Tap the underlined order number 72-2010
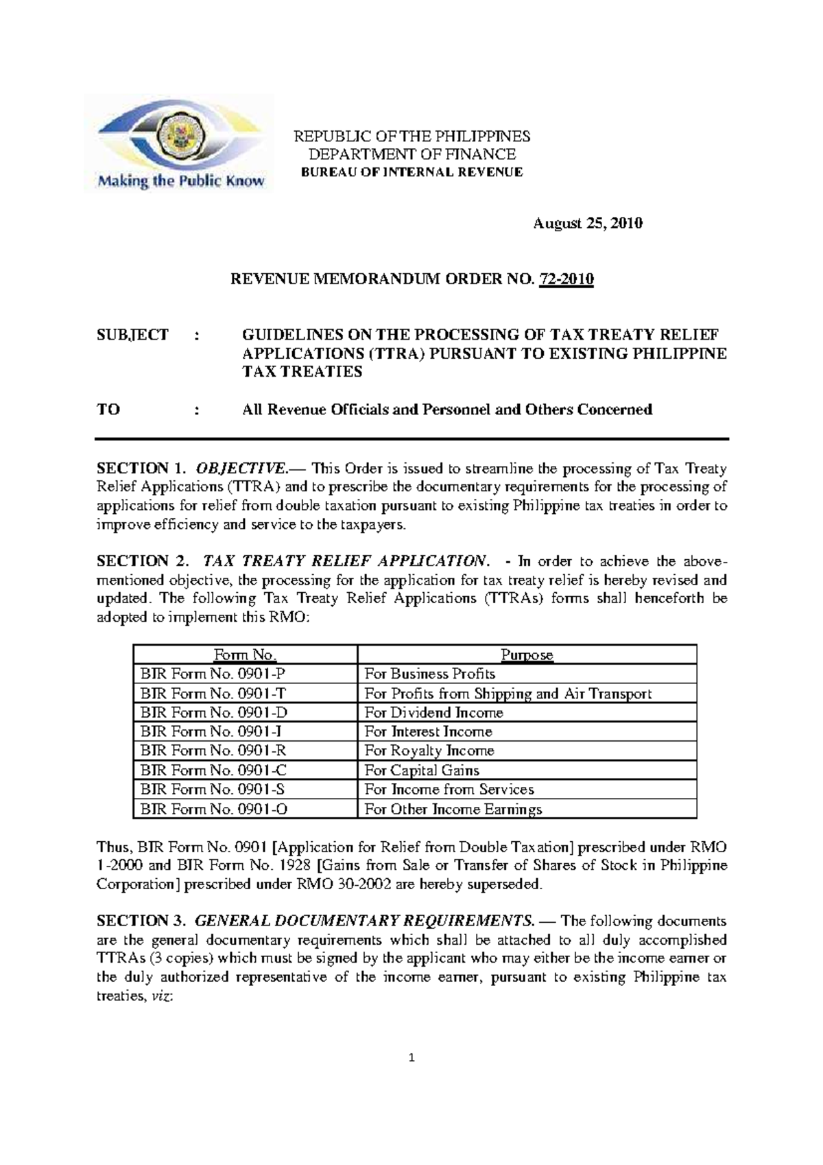pyautogui.click(x=566, y=279)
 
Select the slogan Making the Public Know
pyautogui.click(x=181, y=182)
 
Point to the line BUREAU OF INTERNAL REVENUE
pyautogui.click(x=412, y=172)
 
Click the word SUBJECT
pyautogui.click(x=132, y=335)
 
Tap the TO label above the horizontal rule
pyautogui.click(x=108, y=410)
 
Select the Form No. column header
pyautogui.click(x=246, y=655)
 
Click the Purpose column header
pyautogui.click(x=527, y=655)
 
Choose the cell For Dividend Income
pyautogui.click(x=433, y=712)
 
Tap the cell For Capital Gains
pyautogui.click(x=422, y=770)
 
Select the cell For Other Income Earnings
pyautogui.click(x=453, y=809)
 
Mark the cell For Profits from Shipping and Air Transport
pyautogui.click(x=508, y=693)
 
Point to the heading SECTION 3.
pyautogui.click(x=141, y=920)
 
